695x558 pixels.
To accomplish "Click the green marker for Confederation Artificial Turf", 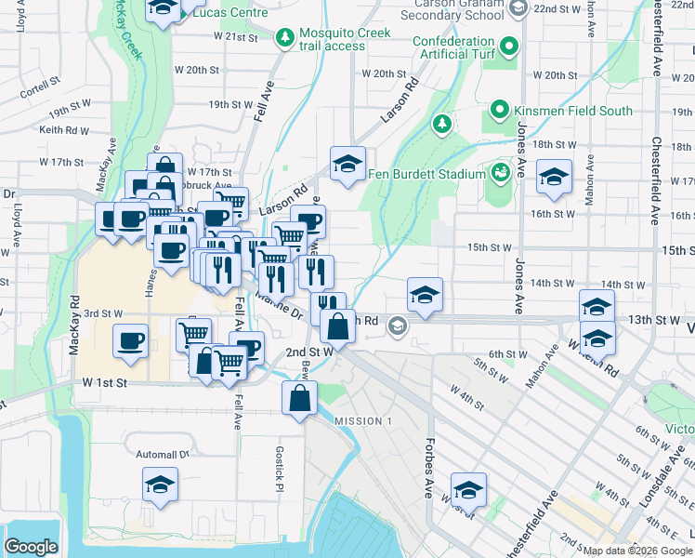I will click(508, 46).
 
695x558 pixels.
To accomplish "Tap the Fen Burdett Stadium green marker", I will click(501, 173).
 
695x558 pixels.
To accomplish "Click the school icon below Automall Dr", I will click(161, 485).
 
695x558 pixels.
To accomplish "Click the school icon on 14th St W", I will click(425, 295).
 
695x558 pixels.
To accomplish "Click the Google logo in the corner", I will click(31, 547).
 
